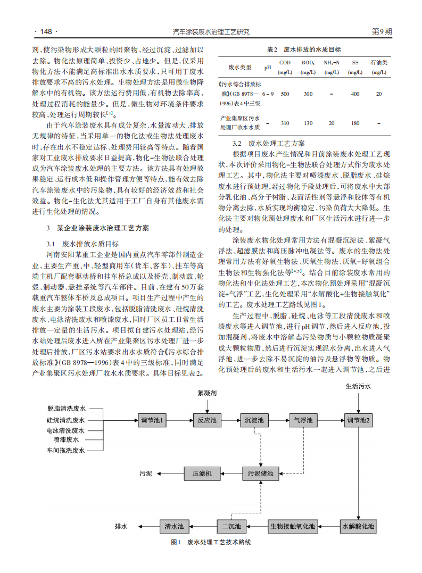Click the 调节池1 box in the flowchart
[x=153, y=420]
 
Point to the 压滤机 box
[x=202, y=473]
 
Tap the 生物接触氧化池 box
[x=293, y=527]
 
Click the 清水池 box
[x=174, y=527]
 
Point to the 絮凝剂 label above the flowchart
[x=206, y=393]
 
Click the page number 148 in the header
[x=45, y=32]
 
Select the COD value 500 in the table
[x=285, y=94]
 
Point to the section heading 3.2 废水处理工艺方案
[x=269, y=144]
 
